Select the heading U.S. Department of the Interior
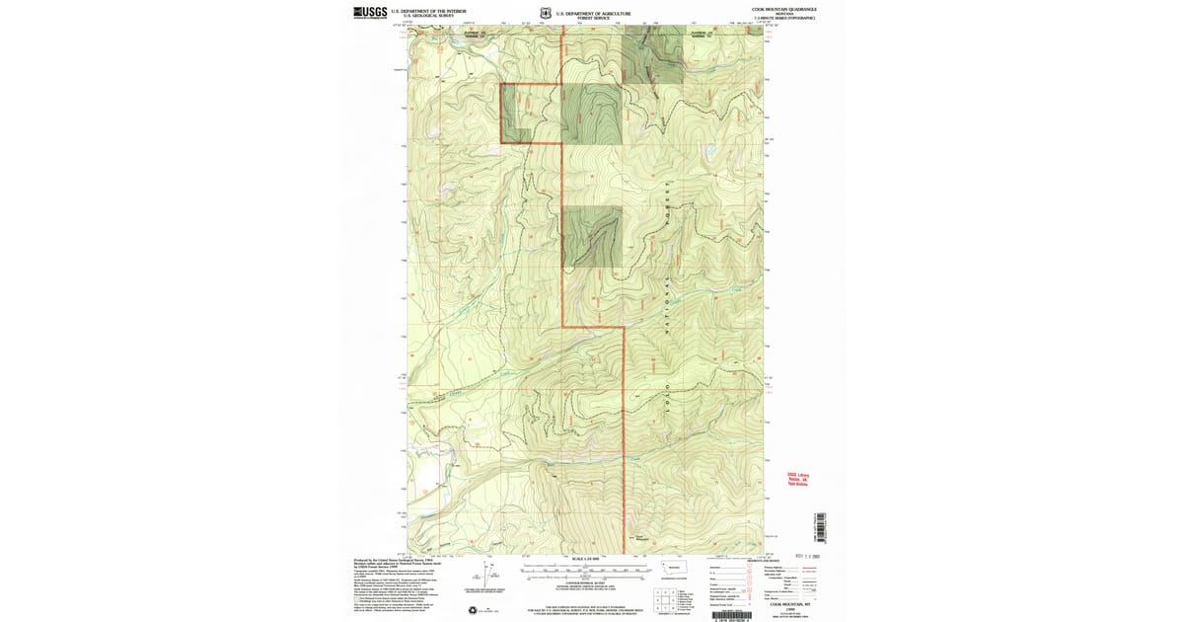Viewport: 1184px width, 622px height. tap(428, 11)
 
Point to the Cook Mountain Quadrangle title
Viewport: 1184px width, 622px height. tap(783, 9)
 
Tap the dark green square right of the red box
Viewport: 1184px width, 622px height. tap(592, 115)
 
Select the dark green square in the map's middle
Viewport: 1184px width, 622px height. tap(592, 237)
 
